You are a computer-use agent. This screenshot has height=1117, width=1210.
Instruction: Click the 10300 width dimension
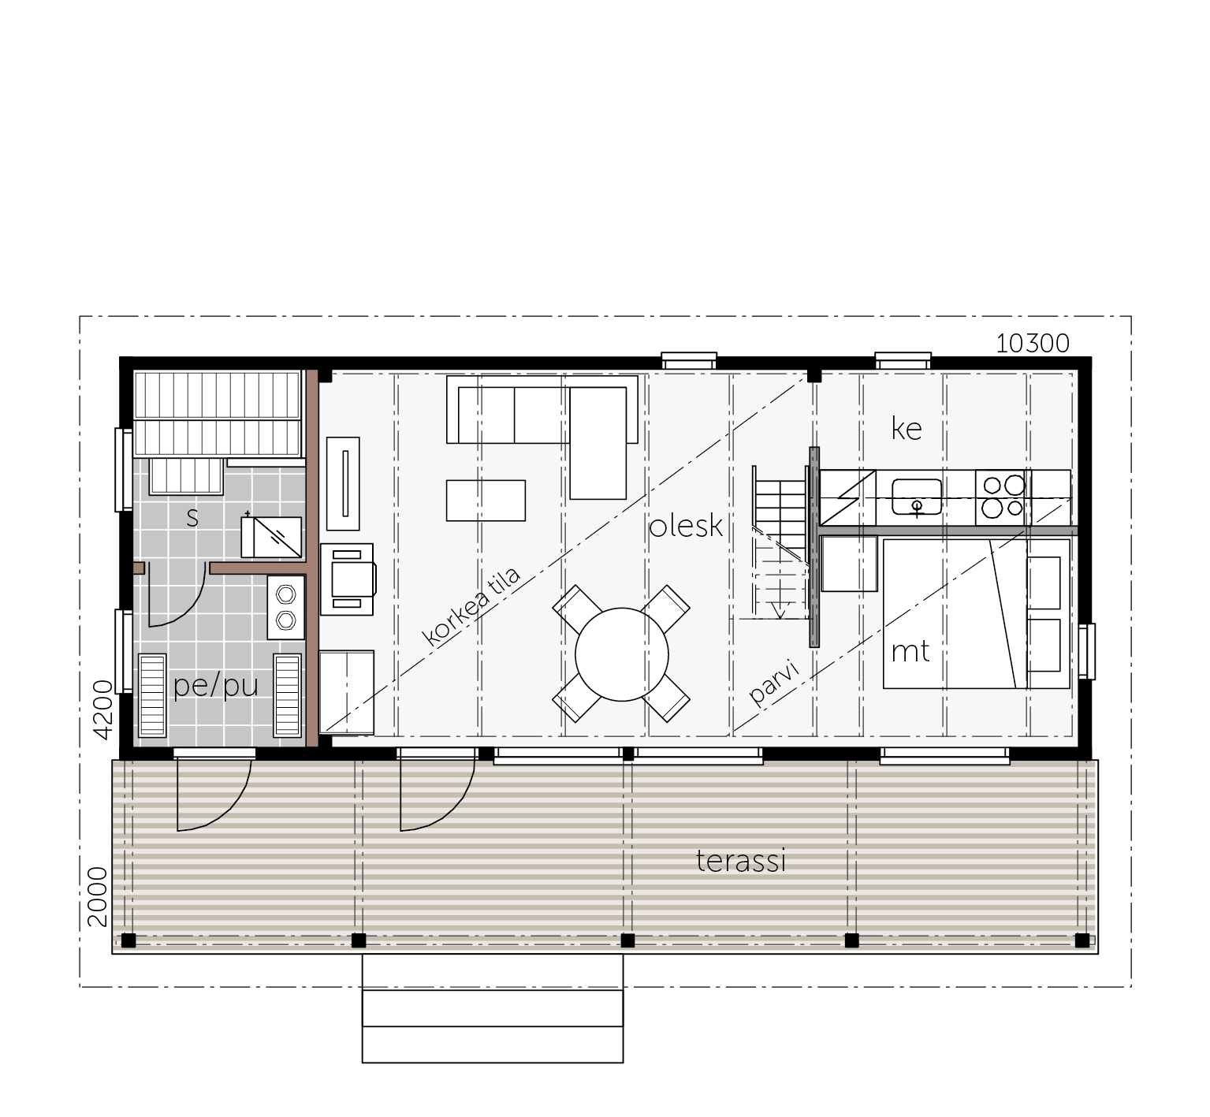(1033, 344)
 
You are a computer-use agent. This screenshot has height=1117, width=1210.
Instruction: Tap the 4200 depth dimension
(103, 709)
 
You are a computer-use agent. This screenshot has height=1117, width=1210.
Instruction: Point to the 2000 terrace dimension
(97, 897)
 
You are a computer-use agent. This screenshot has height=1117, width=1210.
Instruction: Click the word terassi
(741, 861)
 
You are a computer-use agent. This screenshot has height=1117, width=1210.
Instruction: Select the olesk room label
(686, 526)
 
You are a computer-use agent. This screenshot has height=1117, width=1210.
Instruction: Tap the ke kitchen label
(907, 428)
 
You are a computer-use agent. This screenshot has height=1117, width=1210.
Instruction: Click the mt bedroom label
(910, 652)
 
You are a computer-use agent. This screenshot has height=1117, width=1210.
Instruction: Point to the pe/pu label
(216, 686)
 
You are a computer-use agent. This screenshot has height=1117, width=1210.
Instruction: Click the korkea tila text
(472, 606)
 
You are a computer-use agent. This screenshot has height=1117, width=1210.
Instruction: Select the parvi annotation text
(774, 683)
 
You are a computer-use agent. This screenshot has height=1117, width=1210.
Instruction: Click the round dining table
(622, 654)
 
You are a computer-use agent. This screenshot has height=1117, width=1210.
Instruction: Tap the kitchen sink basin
(917, 497)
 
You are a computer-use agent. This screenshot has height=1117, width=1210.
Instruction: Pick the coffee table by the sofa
(486, 501)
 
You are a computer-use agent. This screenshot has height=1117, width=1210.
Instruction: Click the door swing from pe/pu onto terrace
(214, 791)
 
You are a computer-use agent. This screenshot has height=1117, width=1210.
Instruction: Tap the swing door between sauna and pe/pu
(177, 595)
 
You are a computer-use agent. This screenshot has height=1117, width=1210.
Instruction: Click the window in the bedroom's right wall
(1087, 651)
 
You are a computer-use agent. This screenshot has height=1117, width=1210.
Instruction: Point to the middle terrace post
(627, 940)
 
